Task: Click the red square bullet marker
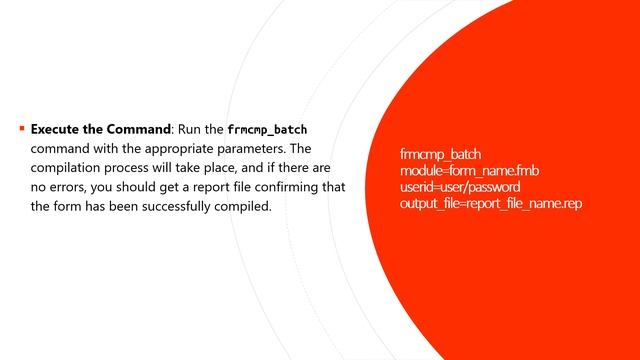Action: [x=21, y=129]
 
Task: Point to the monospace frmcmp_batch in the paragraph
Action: [x=267, y=130]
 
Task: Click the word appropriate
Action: [x=172, y=149]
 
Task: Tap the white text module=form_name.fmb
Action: [x=469, y=171]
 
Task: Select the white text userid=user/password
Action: [x=460, y=187]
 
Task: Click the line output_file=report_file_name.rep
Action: [x=490, y=203]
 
